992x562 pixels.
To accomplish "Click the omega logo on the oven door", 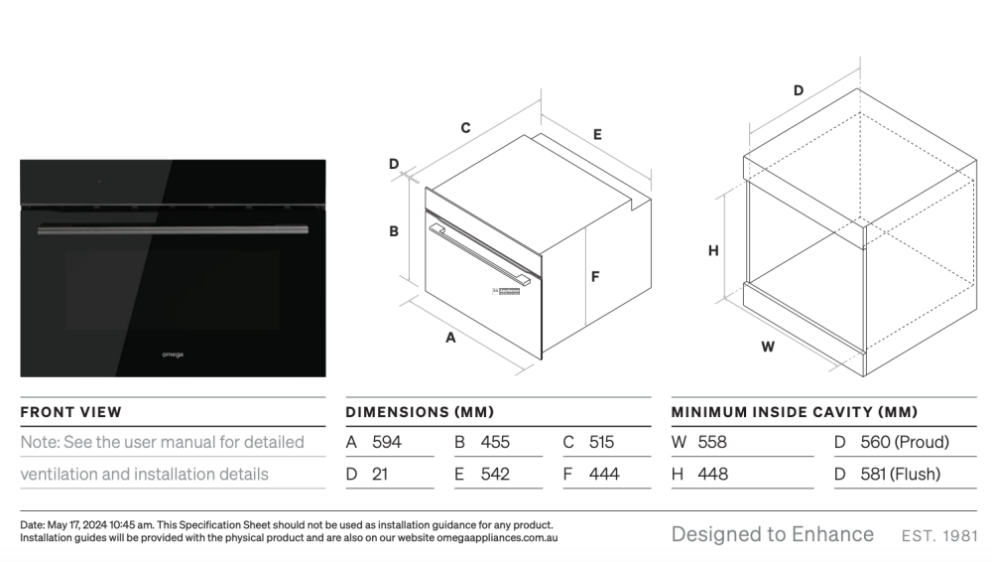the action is pos(173,354).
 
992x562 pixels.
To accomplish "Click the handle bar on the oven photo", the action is pos(173,230).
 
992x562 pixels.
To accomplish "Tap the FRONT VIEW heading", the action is pos(70,412).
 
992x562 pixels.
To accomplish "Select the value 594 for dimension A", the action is pos(387,442).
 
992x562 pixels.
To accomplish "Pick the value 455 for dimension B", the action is pos(495,442).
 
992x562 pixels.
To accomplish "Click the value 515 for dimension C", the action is pos(602,442).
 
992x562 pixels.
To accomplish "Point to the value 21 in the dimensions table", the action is pos(380,474).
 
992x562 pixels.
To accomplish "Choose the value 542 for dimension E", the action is pos(495,474).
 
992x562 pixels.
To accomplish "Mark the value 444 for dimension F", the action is pos(604,474).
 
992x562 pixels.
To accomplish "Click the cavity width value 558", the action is pos(712,442).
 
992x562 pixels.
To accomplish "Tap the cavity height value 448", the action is pos(713,474).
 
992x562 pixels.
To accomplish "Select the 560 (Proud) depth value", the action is pos(905,442).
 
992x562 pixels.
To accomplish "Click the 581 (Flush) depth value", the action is pos(901,474).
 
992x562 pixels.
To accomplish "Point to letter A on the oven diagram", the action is pos(450,338).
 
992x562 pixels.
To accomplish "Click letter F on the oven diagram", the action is pos(594,276).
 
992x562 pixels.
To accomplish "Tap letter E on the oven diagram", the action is pos(597,134).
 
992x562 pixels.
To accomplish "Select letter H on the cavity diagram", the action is pos(713,251).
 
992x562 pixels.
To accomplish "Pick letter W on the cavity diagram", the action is pos(768,347).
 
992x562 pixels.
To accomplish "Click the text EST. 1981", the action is pos(940,536).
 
